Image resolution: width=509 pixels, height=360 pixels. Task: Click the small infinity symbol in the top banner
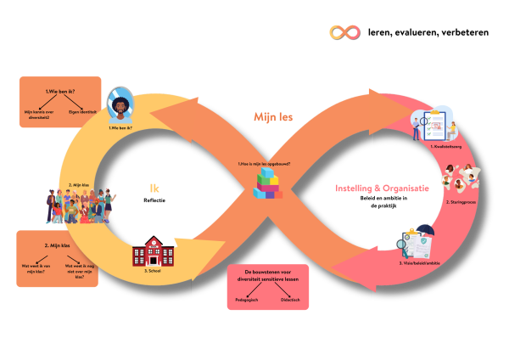point(345,31)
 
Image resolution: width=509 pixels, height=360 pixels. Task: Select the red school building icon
point(153,251)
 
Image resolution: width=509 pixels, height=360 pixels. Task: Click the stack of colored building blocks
point(268,183)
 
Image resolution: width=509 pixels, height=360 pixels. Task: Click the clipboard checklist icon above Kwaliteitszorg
point(433,126)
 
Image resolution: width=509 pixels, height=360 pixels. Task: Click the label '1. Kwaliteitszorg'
point(444,147)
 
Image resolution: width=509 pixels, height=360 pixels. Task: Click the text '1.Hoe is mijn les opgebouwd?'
point(264,163)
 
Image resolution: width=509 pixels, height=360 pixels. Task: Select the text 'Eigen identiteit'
point(83,111)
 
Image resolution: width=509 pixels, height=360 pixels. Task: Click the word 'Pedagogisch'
point(246,300)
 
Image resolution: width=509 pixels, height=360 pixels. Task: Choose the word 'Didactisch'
point(290,300)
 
